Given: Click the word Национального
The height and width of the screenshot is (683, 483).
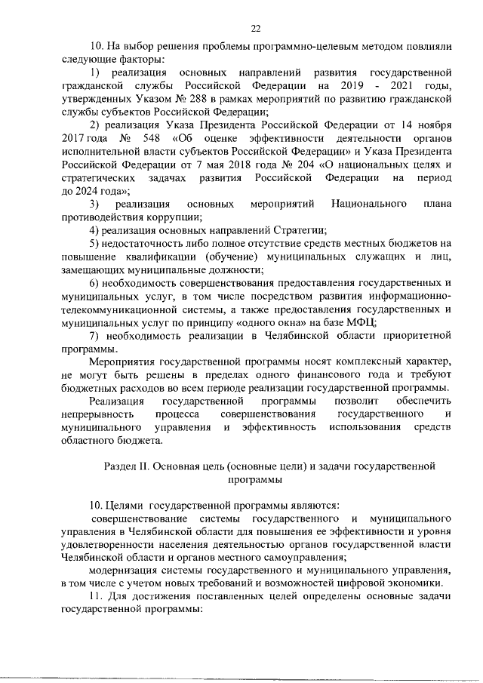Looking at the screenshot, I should point(365,204).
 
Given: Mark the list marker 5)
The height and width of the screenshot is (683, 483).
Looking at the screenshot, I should point(95,243).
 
